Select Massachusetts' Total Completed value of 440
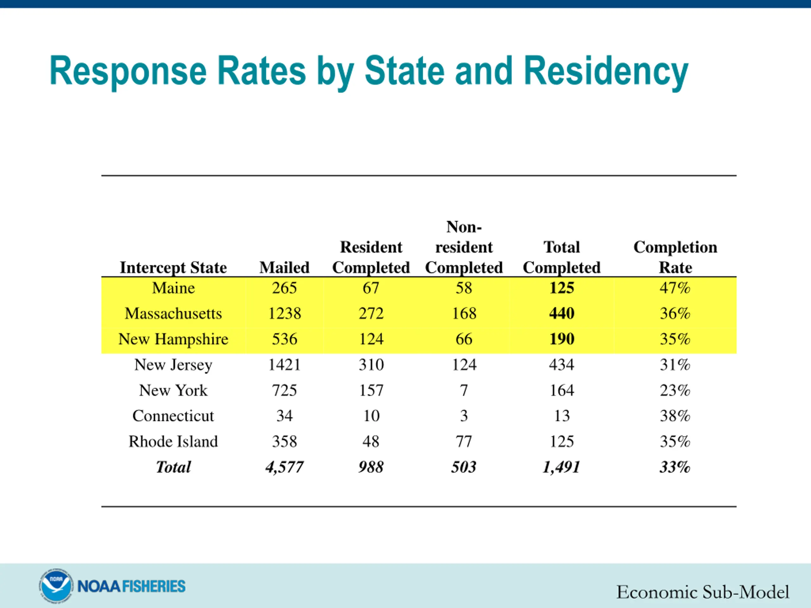[x=561, y=313]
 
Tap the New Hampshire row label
[x=173, y=339]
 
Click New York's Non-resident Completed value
[x=464, y=390]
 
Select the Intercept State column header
[x=173, y=268]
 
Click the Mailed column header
[x=284, y=268]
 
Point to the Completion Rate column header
[x=675, y=257]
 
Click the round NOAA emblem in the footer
[x=55, y=586]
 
